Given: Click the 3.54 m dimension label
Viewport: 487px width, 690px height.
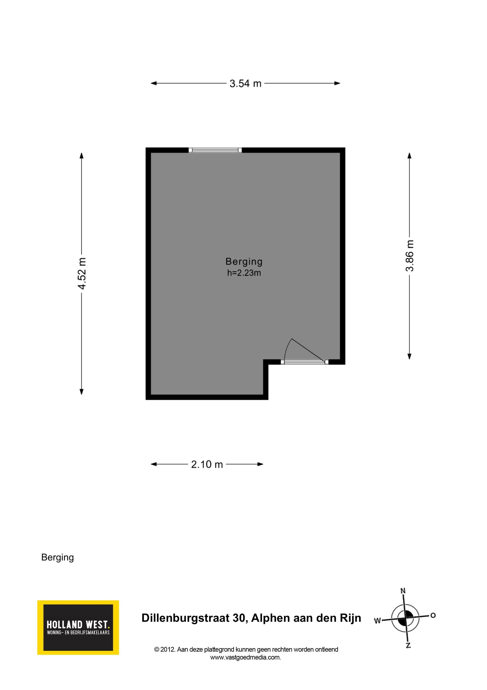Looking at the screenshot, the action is click(245, 83).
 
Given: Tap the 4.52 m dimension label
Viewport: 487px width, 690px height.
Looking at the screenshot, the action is click(82, 273).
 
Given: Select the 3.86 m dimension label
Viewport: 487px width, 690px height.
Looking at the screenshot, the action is click(410, 256).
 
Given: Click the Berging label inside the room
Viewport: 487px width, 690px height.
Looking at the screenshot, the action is click(244, 262).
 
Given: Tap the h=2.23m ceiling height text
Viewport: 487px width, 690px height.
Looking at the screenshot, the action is click(244, 273).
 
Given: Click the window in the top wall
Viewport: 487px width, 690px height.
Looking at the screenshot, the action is click(215, 150).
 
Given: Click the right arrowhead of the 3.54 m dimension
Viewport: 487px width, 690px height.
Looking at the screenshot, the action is click(337, 83).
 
